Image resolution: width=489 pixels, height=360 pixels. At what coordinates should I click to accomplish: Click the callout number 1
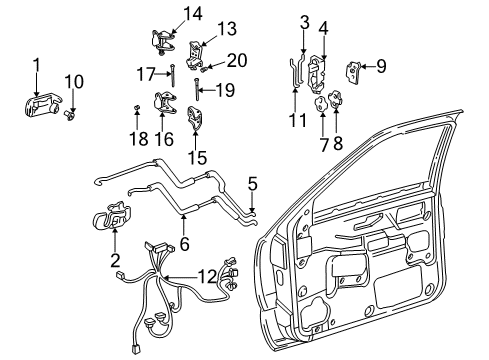(x=37, y=66)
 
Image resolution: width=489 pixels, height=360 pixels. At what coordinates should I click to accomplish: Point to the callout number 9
(x=380, y=66)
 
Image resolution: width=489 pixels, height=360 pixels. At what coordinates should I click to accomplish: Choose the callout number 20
(x=237, y=60)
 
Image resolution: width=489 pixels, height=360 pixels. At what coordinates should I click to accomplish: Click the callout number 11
(x=293, y=120)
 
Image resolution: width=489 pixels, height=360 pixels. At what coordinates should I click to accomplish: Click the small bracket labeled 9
(x=355, y=69)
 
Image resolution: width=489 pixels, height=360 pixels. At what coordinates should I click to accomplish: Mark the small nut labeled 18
(x=135, y=107)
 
